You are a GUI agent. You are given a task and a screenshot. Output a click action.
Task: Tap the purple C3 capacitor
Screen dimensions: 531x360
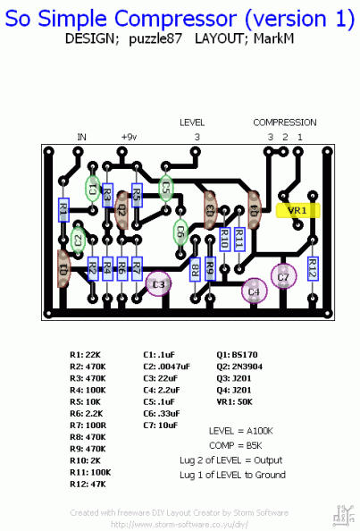tap(159, 283)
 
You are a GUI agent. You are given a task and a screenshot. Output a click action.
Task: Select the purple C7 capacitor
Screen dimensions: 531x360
tap(283, 277)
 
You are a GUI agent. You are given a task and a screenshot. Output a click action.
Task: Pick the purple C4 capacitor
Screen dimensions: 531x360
tap(254, 291)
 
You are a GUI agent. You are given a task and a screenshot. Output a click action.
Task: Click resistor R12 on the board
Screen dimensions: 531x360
tap(314, 267)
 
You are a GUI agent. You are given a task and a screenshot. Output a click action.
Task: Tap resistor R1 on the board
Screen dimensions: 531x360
tap(63, 210)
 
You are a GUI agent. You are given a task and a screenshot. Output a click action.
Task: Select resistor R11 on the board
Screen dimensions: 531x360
tap(239, 240)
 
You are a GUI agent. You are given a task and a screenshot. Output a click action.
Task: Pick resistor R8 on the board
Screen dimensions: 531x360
tap(195, 268)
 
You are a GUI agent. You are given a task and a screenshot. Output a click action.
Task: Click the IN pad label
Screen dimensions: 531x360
tap(82, 137)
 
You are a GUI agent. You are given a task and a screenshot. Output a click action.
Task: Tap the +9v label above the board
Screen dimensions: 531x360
tap(129, 137)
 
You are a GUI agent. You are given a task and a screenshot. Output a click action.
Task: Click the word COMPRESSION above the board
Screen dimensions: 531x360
tap(284, 122)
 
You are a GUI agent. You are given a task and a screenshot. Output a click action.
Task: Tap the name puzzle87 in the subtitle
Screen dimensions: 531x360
tap(159, 40)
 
